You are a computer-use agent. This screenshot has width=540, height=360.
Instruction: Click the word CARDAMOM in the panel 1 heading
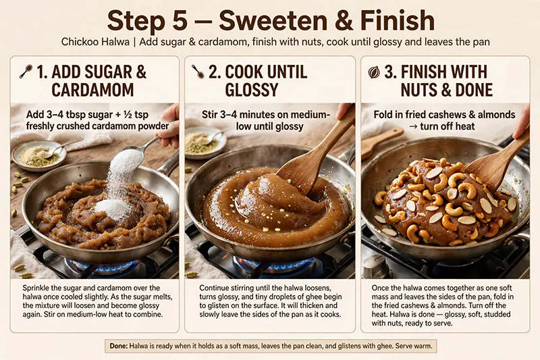(92, 90)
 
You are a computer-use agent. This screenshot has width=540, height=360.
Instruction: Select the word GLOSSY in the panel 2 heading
(251, 90)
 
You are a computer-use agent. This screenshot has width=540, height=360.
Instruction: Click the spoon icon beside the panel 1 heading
(26, 72)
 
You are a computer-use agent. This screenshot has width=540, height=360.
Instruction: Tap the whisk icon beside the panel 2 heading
(198, 72)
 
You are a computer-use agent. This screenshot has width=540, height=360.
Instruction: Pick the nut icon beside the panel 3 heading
(374, 72)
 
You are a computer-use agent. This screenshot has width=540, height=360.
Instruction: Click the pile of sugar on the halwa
(112, 208)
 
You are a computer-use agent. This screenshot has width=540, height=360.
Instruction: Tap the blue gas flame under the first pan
(103, 266)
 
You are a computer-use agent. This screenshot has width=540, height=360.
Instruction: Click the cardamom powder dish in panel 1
(39, 156)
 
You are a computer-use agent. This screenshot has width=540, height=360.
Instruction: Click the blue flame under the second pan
(272, 265)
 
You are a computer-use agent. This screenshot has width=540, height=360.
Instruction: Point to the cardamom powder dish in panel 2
(205, 142)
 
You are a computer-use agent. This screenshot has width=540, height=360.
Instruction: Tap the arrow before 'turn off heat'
(412, 127)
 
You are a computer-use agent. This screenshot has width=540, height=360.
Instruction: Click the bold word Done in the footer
(119, 346)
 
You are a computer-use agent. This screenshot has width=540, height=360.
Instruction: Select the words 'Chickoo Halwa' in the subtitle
(95, 42)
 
